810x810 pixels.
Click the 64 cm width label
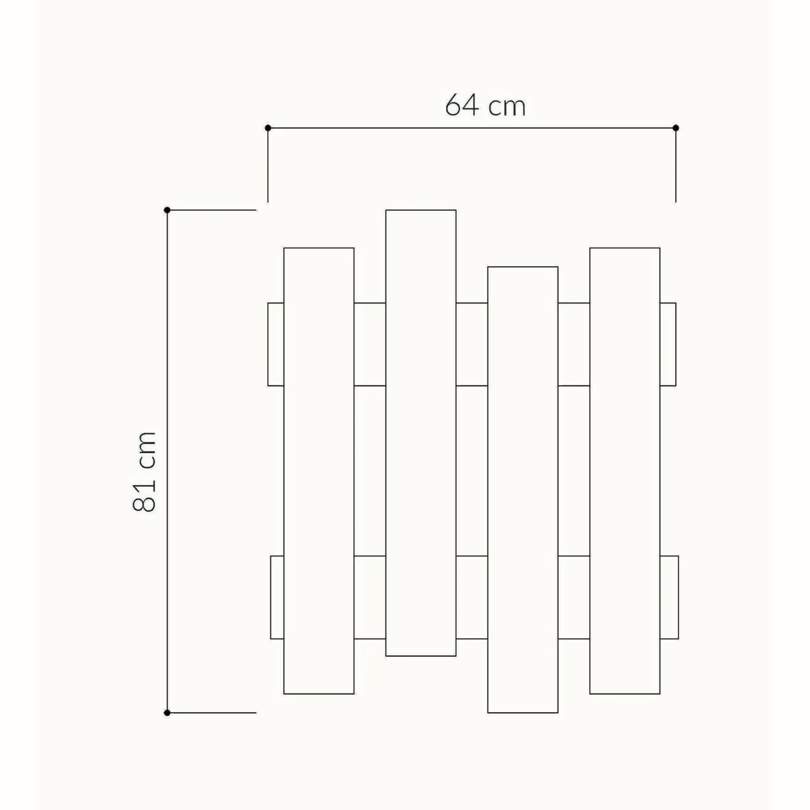click(x=485, y=105)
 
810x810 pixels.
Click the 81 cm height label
click(x=144, y=471)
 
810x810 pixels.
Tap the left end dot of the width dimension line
click(x=268, y=128)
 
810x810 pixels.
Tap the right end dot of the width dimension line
click(x=676, y=128)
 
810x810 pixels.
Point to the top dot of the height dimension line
click(x=167, y=210)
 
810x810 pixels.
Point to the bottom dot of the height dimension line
click(x=167, y=713)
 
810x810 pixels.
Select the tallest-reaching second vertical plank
click(x=421, y=433)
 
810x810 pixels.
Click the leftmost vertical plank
click(x=319, y=471)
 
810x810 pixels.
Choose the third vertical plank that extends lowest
click(x=523, y=490)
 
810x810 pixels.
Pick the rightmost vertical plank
click(x=625, y=471)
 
